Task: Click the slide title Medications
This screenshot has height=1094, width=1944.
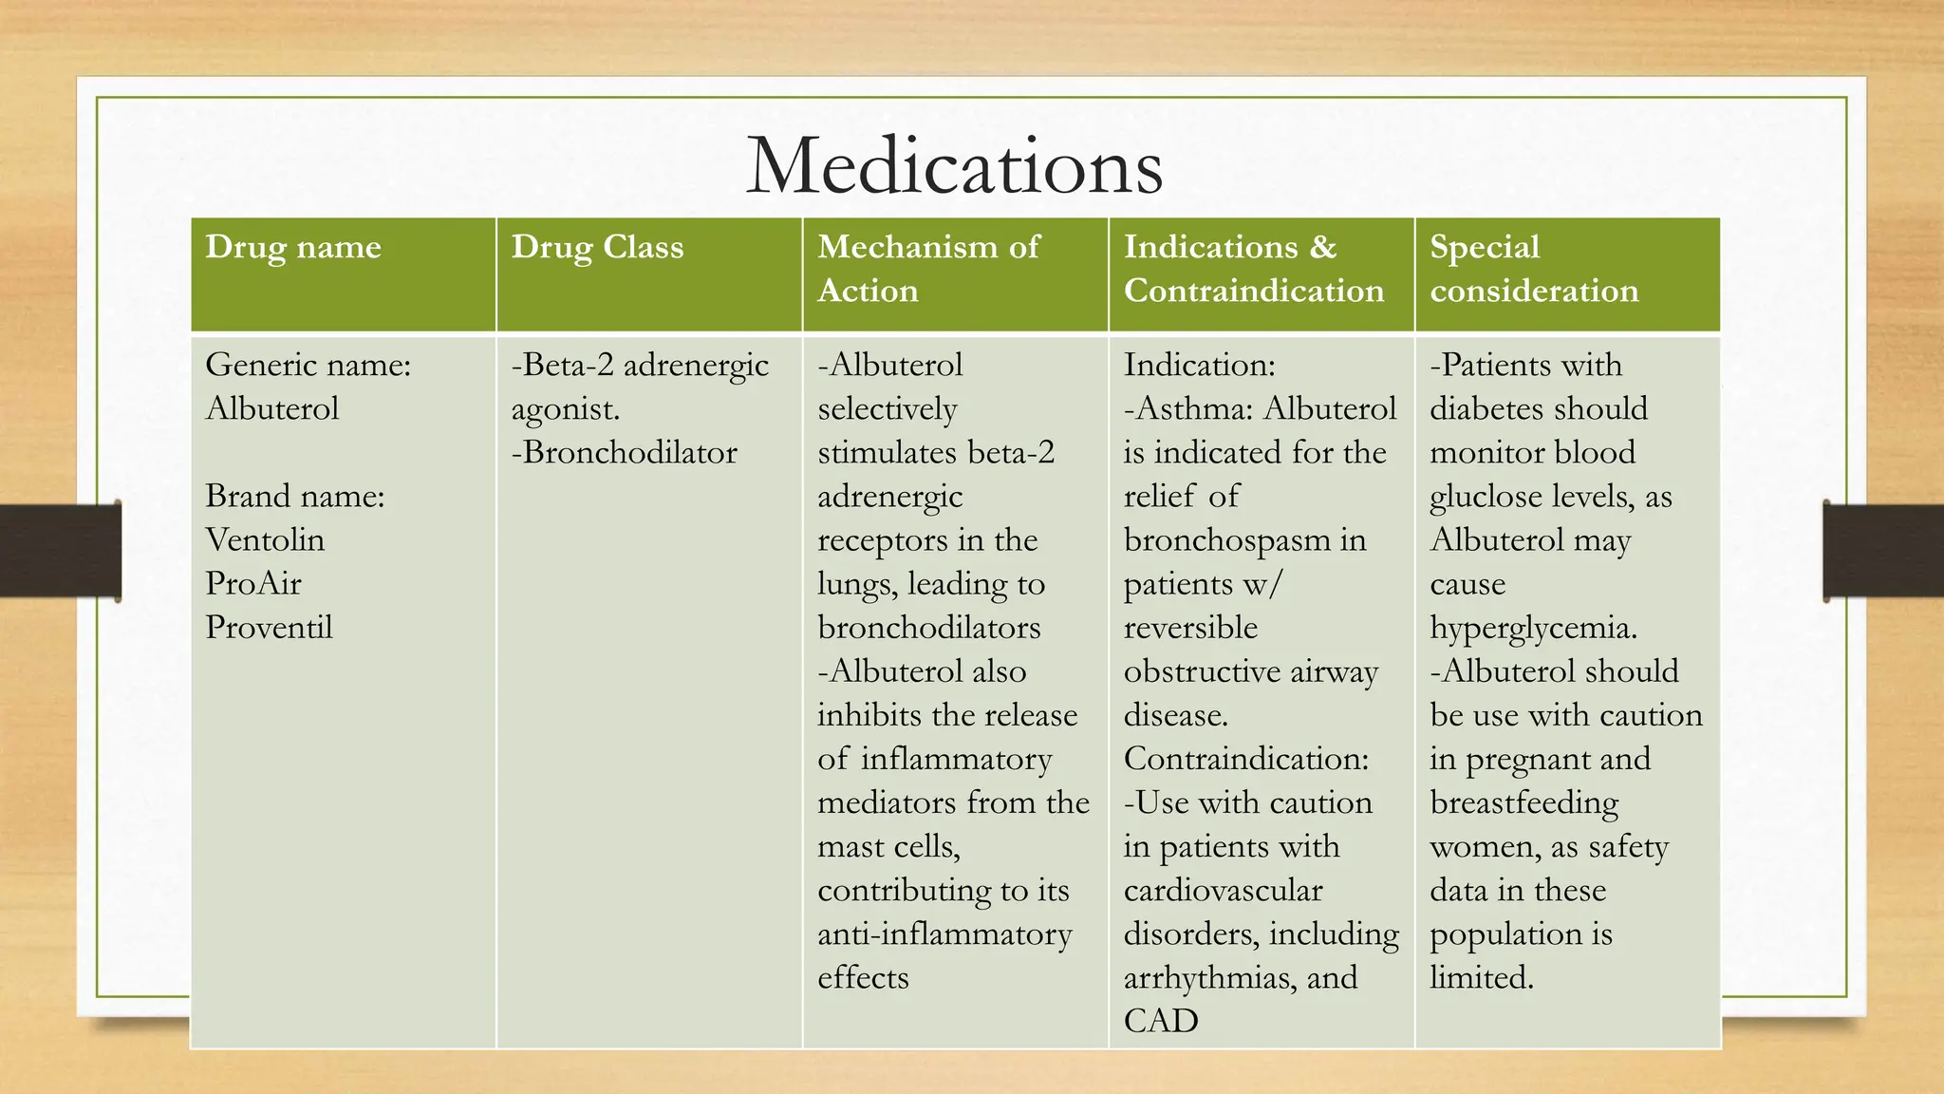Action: [x=954, y=166]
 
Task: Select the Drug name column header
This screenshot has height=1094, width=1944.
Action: [x=293, y=247]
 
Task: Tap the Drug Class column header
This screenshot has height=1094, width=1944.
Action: [x=597, y=247]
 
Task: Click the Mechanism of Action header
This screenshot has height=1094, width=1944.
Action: [x=928, y=269]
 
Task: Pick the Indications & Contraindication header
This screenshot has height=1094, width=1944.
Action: [x=1253, y=269]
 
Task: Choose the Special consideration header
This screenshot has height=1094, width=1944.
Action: [x=1534, y=269]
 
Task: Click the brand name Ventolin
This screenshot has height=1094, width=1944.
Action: [x=265, y=539]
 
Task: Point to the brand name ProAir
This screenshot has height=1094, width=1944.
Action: [x=253, y=583]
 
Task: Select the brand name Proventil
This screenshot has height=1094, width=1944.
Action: [x=269, y=627]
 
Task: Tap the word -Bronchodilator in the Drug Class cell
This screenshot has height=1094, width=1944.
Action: [x=624, y=452]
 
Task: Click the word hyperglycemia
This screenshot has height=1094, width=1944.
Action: [x=1533, y=628]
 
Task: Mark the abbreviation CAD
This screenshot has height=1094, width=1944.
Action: [x=1160, y=1021]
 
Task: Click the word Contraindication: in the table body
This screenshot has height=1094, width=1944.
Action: [x=1246, y=759]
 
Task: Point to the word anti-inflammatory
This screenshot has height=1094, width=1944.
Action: [x=944, y=934]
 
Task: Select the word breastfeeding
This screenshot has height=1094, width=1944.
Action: [x=1524, y=802]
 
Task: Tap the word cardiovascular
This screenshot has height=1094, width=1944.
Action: [x=1223, y=890]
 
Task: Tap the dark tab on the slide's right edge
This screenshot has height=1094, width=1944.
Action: [x=1883, y=551]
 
